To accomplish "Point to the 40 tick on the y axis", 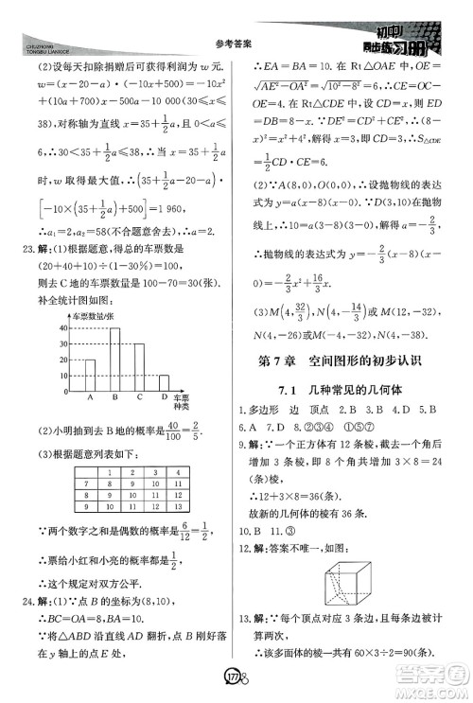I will (63, 327).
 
